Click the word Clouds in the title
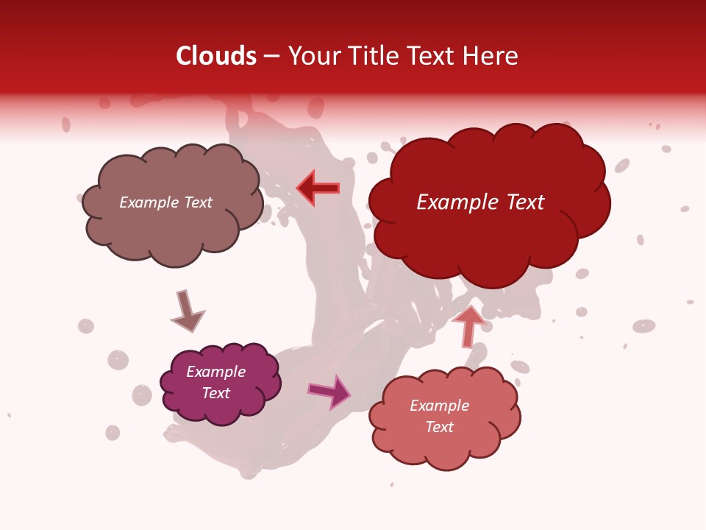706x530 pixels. pyautogui.click(x=215, y=56)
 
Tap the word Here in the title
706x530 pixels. pyautogui.click(x=490, y=56)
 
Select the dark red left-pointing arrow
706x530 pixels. pyautogui.click(x=318, y=188)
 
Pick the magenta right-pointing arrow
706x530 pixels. pyautogui.click(x=329, y=391)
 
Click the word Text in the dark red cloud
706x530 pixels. pyautogui.click(x=523, y=202)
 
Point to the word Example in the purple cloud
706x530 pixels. pyautogui.click(x=215, y=372)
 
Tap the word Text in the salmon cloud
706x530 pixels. pyautogui.click(x=439, y=427)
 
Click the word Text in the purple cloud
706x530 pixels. pyautogui.click(x=215, y=393)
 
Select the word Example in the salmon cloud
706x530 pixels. pyautogui.click(x=439, y=406)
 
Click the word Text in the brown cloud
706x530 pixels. pyautogui.click(x=198, y=202)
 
